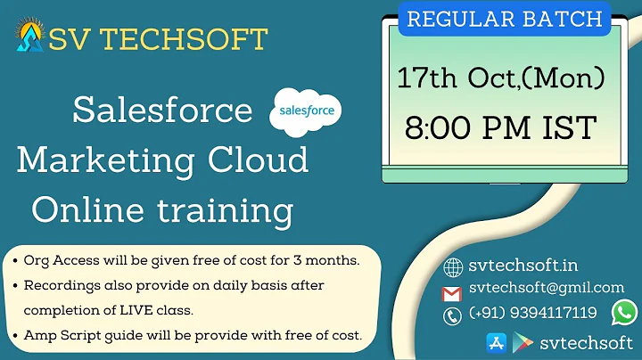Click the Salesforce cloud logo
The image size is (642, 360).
click(305, 112)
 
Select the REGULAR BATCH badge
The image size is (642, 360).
click(504, 19)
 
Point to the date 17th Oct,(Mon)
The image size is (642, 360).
click(501, 78)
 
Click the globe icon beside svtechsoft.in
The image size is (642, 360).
click(452, 266)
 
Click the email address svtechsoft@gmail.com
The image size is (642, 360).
click(546, 288)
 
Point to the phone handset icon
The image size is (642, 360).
click(452, 315)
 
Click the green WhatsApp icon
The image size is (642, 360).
click(625, 312)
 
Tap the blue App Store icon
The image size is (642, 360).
click(496, 341)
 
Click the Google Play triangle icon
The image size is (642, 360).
click(523, 341)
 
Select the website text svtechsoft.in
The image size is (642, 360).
click(511, 266)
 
